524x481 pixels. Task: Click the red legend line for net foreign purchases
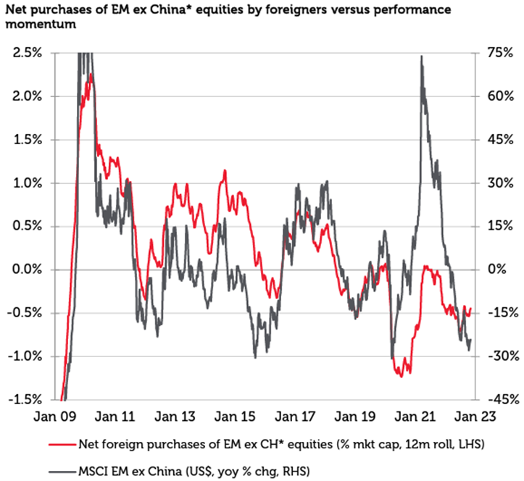click(61, 443)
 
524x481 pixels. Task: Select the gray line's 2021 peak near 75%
click(421, 57)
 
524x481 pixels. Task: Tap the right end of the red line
click(470, 309)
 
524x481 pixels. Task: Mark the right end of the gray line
click(471, 340)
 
